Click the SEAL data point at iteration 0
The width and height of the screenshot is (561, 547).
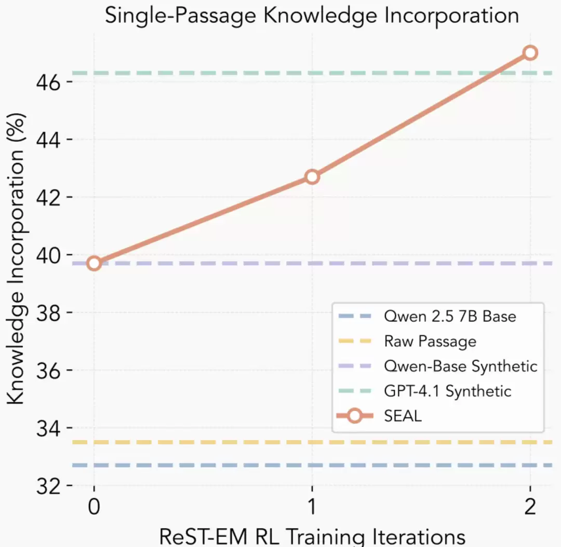coord(94,263)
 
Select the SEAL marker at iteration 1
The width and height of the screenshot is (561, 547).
coord(312,177)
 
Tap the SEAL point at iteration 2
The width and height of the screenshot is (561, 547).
coord(530,52)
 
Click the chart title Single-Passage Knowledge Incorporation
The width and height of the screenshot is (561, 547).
coord(312,16)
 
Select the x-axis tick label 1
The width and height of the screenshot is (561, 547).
coord(312,507)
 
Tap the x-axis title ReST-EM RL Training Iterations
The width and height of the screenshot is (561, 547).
coord(312,537)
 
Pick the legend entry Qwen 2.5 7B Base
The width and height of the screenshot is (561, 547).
coord(450,316)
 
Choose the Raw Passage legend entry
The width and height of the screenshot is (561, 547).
coord(430,341)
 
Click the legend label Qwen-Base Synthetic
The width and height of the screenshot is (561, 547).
coord(460,366)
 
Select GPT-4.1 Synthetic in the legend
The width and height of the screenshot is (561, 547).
coord(448,391)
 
